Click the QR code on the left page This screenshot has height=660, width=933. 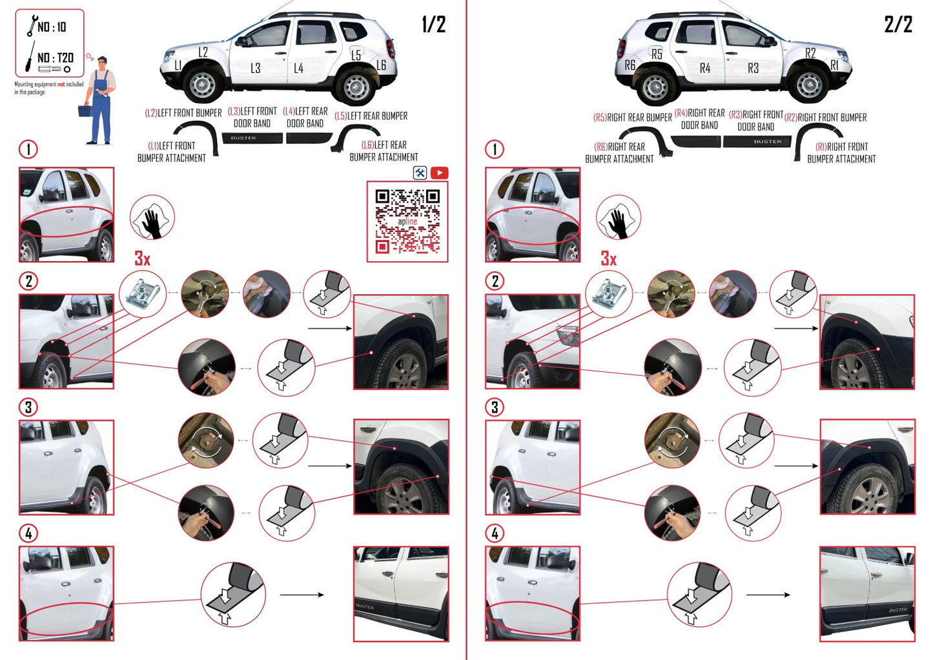point(407,222)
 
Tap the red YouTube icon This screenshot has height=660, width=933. point(439,172)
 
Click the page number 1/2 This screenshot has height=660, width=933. point(433,25)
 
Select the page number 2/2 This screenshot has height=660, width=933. point(898,25)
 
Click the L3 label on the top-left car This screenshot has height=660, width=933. point(255,68)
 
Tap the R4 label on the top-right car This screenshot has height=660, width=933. point(704,68)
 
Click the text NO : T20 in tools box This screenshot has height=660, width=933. point(55,57)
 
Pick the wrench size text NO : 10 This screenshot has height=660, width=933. point(52,27)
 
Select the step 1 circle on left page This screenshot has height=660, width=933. point(28,149)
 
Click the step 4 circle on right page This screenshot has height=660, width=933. point(494,533)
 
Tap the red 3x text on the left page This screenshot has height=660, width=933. point(142,258)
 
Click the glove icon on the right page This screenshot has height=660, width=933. point(618,218)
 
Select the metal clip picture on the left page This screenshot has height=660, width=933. point(142,294)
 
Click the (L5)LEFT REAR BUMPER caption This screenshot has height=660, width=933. point(371,116)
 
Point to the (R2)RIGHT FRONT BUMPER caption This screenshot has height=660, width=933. point(825,118)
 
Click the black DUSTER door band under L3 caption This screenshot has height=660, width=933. point(252,138)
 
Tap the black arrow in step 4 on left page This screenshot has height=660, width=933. point(302,595)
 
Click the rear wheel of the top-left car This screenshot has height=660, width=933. point(356,86)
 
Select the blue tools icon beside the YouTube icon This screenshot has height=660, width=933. point(420,172)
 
